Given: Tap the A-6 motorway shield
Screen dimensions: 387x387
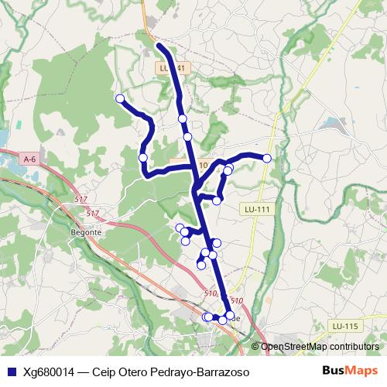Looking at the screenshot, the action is click(x=30, y=159).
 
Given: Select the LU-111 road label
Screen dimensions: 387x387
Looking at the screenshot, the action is click(x=257, y=209).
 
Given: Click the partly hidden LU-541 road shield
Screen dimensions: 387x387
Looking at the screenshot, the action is click(x=172, y=68).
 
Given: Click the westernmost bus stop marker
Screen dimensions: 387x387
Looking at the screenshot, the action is click(x=120, y=98).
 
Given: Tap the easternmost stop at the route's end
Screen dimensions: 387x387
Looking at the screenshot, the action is click(x=267, y=158).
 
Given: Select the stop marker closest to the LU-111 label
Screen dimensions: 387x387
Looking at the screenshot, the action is click(x=217, y=200).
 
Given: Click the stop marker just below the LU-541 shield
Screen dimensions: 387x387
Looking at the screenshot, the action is click(x=183, y=118).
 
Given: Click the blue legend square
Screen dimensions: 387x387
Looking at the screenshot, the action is click(x=10, y=372).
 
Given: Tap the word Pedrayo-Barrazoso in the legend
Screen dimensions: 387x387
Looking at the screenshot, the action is click(x=200, y=372).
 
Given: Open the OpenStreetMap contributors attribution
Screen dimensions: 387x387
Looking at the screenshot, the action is click(x=320, y=347).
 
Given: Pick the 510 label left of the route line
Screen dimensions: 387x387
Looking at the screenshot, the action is click(x=210, y=293).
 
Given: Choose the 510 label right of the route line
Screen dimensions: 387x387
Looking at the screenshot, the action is click(x=237, y=300).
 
